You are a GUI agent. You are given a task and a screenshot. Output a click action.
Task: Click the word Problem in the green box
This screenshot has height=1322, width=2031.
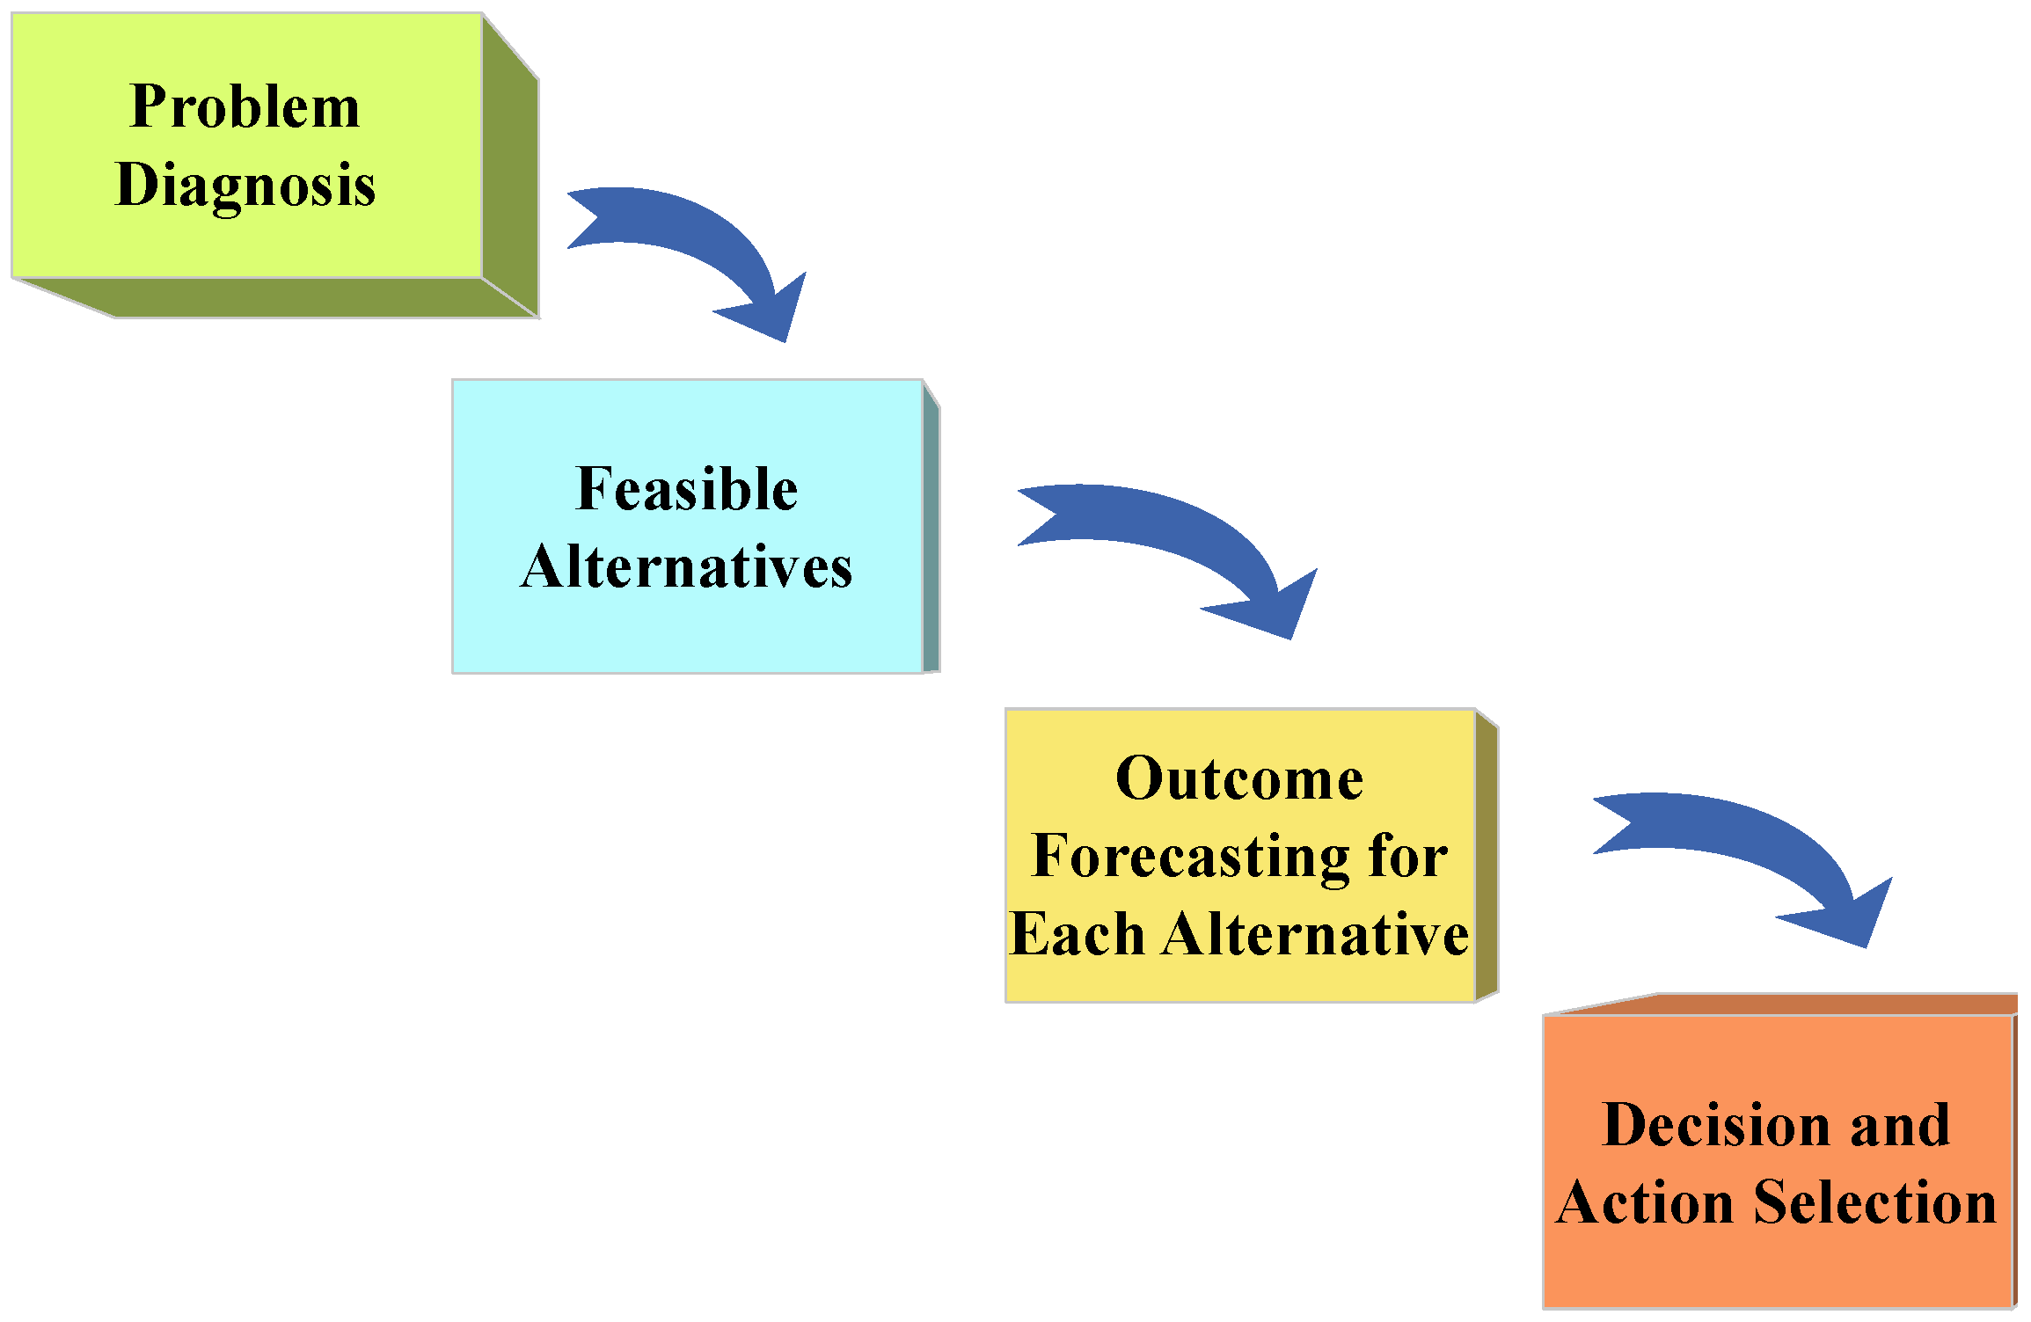click(245, 107)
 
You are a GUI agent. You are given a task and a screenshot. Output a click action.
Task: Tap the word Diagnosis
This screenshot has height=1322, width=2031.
click(245, 185)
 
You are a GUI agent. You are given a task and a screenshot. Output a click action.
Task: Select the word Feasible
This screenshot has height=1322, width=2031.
click(686, 489)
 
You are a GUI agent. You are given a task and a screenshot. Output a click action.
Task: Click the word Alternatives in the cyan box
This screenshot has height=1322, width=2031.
click(686, 566)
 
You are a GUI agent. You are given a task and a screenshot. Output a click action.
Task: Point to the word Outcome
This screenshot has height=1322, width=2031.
click(1239, 779)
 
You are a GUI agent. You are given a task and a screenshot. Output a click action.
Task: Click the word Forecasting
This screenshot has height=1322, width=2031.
click(1191, 857)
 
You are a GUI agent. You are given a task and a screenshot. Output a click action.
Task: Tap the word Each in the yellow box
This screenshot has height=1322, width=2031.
click(1077, 933)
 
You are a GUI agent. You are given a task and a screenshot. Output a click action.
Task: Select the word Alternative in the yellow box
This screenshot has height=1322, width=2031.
click(1316, 933)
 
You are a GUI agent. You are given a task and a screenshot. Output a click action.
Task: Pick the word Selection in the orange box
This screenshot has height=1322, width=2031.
click(1875, 1202)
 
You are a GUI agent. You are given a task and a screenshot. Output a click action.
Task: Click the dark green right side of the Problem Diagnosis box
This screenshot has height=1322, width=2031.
click(510, 176)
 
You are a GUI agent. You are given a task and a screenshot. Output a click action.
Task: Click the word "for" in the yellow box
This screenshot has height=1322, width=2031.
click(1407, 857)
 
